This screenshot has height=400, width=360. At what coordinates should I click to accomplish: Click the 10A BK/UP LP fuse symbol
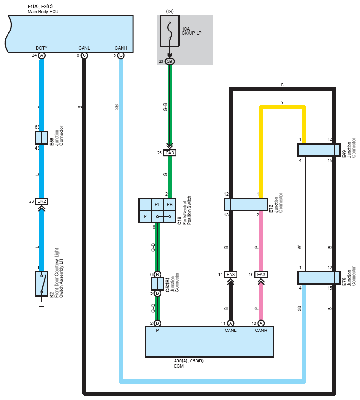pos(169,31)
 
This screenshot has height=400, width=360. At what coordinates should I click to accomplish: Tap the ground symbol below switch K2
pos(42,305)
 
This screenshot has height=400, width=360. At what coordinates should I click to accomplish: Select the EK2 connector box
pos(42,201)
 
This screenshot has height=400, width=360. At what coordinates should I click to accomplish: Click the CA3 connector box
pos(169,153)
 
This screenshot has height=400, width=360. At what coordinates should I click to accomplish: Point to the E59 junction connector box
pos(41,138)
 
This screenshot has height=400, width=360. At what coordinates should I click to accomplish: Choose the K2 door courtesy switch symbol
pos(42,284)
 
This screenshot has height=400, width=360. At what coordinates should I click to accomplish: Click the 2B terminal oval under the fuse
pos(169,61)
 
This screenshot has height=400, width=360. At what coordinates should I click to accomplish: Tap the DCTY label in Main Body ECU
pos(42,48)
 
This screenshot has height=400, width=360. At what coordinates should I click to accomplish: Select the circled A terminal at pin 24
pos(42,55)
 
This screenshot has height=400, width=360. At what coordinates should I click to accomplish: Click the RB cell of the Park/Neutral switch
pos(169,205)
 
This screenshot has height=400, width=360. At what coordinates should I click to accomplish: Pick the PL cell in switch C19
pos(157,205)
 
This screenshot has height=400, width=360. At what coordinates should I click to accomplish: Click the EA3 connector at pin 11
pos(230,275)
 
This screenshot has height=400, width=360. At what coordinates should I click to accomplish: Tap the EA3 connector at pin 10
pos(261,275)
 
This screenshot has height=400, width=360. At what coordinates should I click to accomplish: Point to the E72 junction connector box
pos(246,205)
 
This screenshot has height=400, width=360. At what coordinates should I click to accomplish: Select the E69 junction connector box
pos(319,150)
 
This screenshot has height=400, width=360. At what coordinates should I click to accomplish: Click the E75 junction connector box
pos(319,277)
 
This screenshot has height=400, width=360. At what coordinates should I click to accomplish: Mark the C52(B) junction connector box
pos(157,284)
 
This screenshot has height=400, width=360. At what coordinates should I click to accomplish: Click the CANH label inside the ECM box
pos(261,331)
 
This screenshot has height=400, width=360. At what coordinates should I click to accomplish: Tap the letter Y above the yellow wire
pos(282,102)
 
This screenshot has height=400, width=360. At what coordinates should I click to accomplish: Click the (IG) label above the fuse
pos(169,11)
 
